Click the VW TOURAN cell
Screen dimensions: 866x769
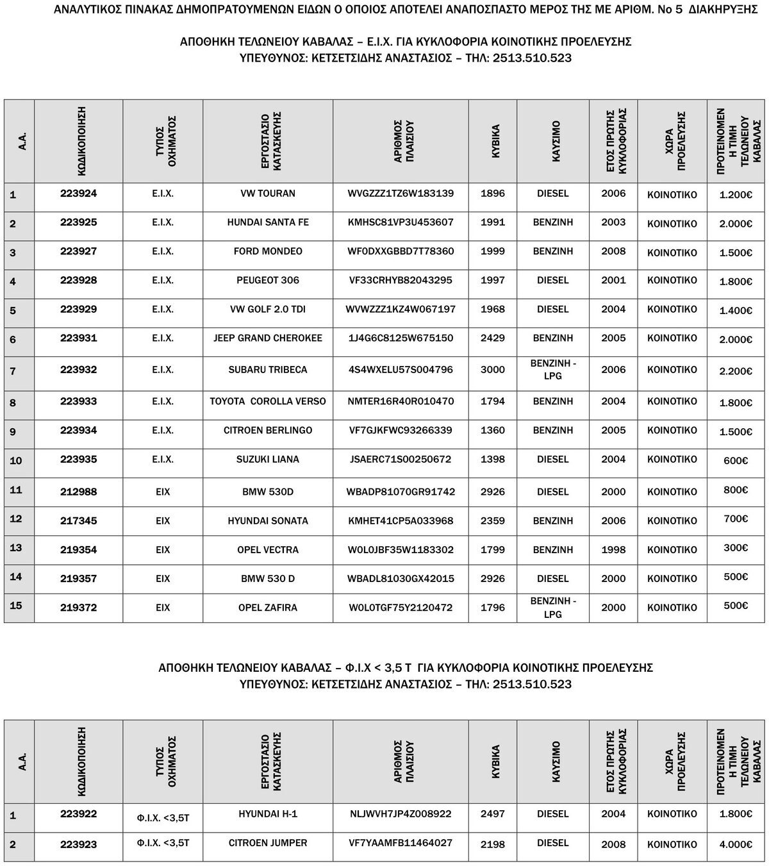268,194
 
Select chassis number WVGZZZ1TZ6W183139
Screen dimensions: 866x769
401,194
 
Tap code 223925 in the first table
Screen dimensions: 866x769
79,222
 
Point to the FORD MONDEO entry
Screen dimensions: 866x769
268,251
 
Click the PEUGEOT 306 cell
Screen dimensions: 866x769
268,280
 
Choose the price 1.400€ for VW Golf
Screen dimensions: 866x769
736,310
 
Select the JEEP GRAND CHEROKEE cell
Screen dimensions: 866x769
268,338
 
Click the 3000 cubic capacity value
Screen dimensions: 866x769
493,369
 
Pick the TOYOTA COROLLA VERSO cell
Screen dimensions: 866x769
268,401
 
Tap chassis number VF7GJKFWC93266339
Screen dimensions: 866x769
401,430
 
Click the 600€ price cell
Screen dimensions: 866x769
736,460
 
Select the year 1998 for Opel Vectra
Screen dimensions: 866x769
613,549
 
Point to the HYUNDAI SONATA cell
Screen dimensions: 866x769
268,520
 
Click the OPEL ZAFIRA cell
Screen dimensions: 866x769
268,607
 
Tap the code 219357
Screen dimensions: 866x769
79,578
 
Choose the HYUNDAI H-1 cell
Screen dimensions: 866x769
268,814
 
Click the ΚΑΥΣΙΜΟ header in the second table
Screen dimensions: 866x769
556,762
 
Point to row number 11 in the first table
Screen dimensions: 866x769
16,490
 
